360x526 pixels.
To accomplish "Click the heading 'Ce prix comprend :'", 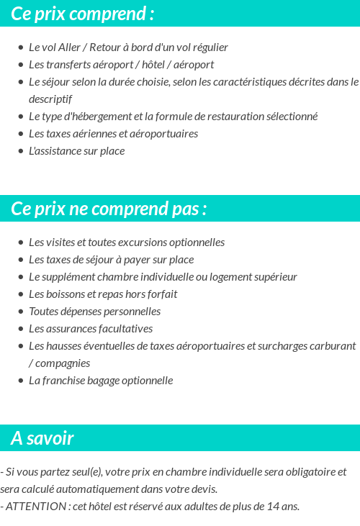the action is tap(82, 14).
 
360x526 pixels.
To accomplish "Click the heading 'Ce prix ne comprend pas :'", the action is tap(109, 209).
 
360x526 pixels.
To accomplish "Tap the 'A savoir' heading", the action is tap(42, 438).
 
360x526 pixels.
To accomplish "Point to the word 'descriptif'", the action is tap(50, 99).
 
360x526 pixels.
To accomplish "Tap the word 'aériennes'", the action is tap(91, 134).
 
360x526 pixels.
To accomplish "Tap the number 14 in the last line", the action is tap(264, 507).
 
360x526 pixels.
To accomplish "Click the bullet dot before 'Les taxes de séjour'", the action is tap(21, 260).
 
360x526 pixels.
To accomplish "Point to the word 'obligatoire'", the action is tap(305, 472).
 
